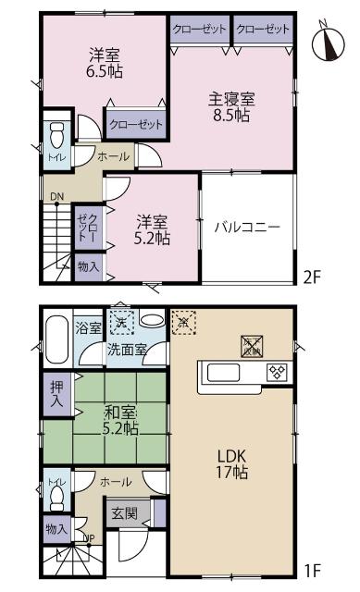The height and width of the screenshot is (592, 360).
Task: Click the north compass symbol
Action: pos(326,42)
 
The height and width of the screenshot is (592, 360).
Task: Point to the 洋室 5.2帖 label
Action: pos(153,229)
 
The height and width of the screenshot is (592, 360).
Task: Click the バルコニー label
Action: pos(247,227)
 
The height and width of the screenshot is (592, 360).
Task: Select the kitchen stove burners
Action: pos(276,373)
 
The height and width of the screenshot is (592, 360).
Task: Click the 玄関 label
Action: pos(125,512)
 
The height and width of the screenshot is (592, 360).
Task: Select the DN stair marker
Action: pos(56,196)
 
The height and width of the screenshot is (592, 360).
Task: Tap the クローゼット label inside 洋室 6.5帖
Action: pos(136,124)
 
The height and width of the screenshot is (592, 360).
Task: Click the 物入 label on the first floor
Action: pos(56,528)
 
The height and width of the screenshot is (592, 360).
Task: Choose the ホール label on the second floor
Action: pos(113,156)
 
